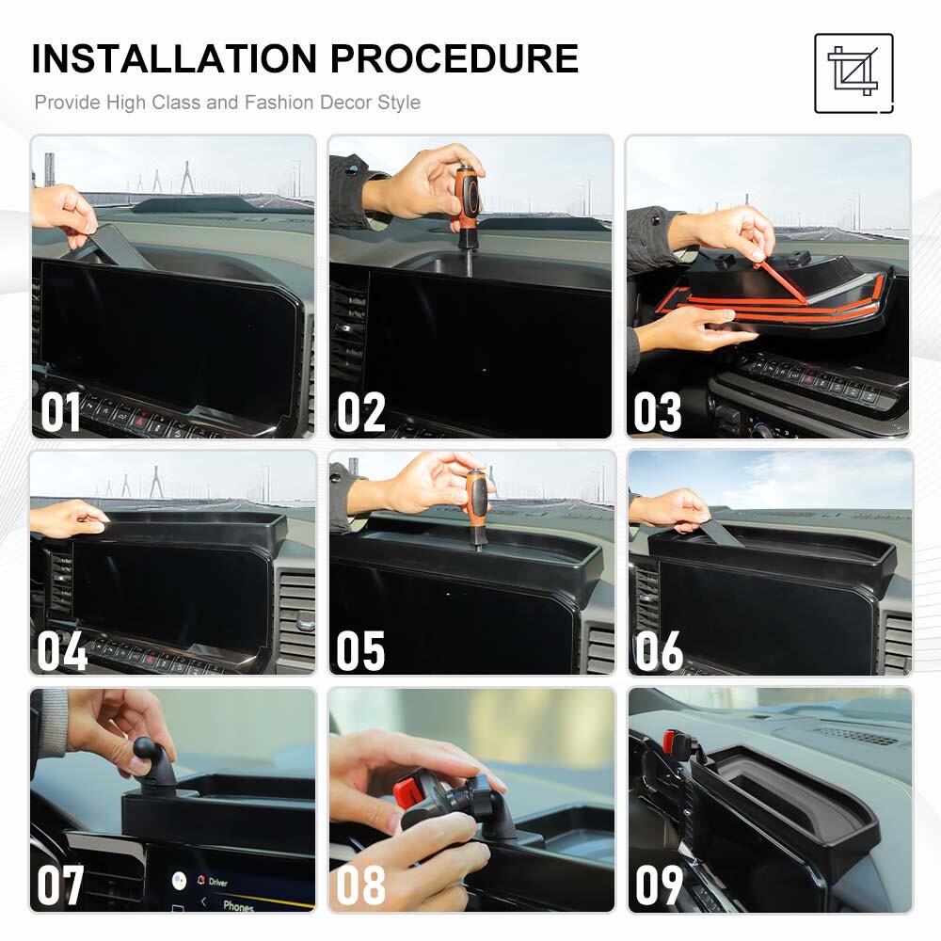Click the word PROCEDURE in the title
click(x=455, y=58)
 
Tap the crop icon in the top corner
click(x=853, y=73)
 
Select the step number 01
click(x=61, y=412)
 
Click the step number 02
click(x=361, y=412)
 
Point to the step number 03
click(x=657, y=412)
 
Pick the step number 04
click(x=62, y=650)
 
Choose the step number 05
click(x=360, y=650)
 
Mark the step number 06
click(x=659, y=650)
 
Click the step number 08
click(x=360, y=885)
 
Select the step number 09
click(x=659, y=885)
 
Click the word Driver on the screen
click(x=218, y=882)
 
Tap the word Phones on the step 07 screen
click(x=238, y=906)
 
